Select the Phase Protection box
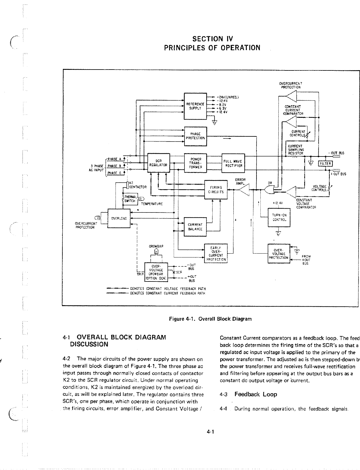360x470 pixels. (x=195, y=136)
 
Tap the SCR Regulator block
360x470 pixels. (x=159, y=163)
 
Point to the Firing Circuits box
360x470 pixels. (x=216, y=190)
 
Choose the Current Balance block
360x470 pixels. (x=195, y=227)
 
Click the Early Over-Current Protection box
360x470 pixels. (x=216, y=254)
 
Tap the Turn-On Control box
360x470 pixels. (x=279, y=217)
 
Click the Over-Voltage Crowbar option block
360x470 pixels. (x=156, y=272)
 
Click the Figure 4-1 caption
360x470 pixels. (x=210, y=319)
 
